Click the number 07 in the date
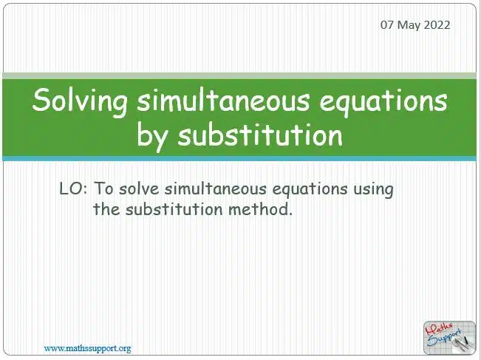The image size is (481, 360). pyautogui.click(x=387, y=25)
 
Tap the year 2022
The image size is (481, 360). pyautogui.click(x=437, y=25)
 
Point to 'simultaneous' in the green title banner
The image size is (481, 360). pyautogui.click(x=223, y=101)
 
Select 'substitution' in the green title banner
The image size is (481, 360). pyautogui.click(x=260, y=135)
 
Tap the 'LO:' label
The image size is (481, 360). pyautogui.click(x=73, y=189)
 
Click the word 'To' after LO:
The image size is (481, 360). pyautogui.click(x=103, y=189)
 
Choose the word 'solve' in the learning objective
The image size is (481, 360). pyautogui.click(x=139, y=189)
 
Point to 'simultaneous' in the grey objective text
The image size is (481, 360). pyautogui.click(x=215, y=189)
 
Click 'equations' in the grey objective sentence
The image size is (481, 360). pyautogui.click(x=310, y=190)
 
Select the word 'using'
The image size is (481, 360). pyautogui.click(x=373, y=190)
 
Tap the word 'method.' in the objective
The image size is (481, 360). pyautogui.click(x=260, y=209)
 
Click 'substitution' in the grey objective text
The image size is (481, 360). pyautogui.click(x=174, y=209)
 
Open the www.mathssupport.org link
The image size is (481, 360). pyautogui.click(x=87, y=348)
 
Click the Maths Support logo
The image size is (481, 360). pyautogui.click(x=449, y=338)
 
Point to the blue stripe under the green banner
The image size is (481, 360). pyautogui.click(x=239, y=158)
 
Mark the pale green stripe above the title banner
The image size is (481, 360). pyautogui.click(x=239, y=76)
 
